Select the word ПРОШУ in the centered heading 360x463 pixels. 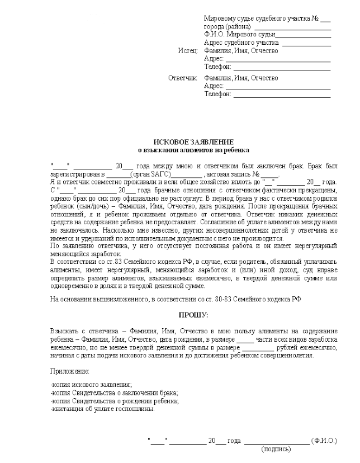pos(192,315)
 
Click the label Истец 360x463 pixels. pos(188,51)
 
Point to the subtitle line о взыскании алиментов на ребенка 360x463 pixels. pos(193,150)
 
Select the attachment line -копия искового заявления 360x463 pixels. pos(91,385)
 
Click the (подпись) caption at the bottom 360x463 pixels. pos(276,448)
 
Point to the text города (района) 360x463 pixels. pos(227,27)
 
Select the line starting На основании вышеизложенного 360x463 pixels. pos(176,299)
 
